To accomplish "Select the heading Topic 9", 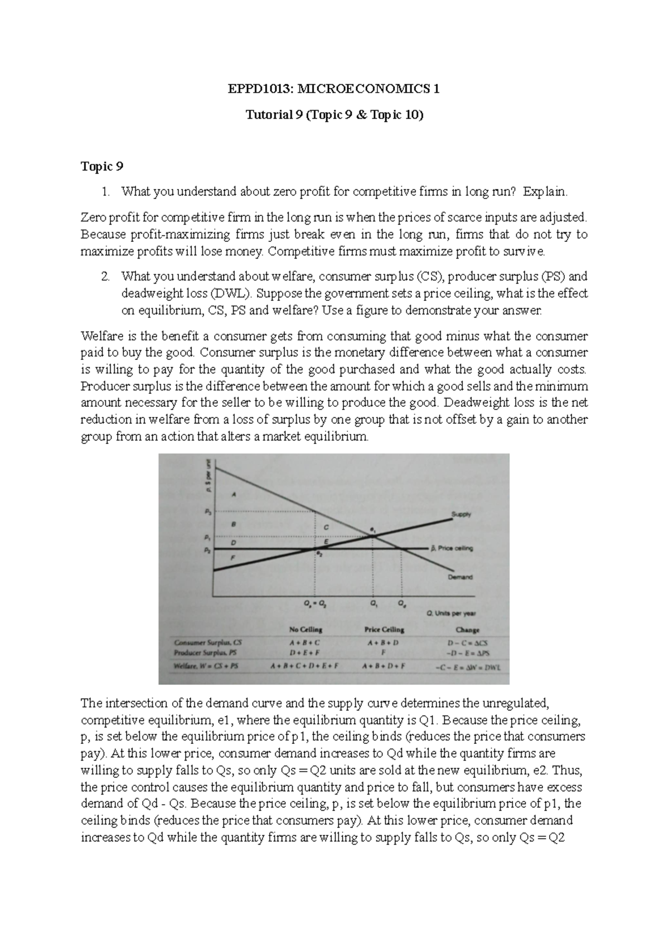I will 102,166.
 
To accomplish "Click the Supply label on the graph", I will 460,514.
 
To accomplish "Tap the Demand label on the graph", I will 460,577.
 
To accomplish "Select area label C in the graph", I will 327,527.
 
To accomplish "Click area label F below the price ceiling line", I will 233,557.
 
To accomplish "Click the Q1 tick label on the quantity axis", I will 372,603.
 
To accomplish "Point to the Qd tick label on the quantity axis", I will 401,603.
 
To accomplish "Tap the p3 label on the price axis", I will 207,511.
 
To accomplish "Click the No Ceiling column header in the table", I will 305,630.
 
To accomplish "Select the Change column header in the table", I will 467,630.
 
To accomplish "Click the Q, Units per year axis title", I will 451,613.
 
